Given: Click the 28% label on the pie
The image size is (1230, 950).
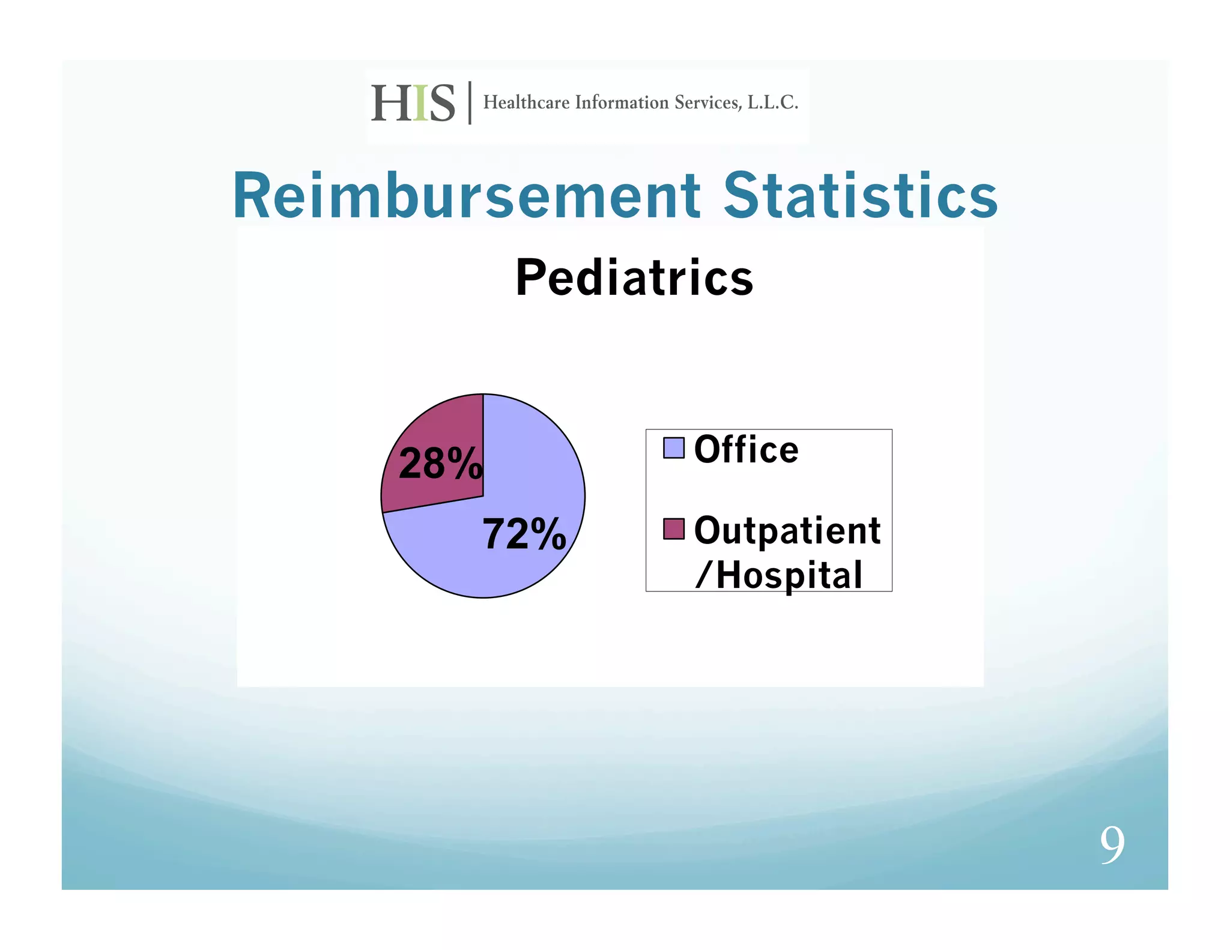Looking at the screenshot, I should pyautogui.click(x=440, y=464).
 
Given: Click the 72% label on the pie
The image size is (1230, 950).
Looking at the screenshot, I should pyautogui.click(x=524, y=534).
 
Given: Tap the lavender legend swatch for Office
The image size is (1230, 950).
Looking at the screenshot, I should pyautogui.click(x=673, y=448).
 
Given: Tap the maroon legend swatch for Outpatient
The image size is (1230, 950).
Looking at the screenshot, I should pyautogui.click(x=673, y=529).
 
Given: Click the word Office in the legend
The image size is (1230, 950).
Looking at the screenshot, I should pyautogui.click(x=746, y=449).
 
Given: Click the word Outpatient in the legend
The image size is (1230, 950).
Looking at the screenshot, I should pyautogui.click(x=787, y=531).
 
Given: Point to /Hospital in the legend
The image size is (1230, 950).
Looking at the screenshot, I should pyautogui.click(x=779, y=575).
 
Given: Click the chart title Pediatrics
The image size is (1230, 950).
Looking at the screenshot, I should pyautogui.click(x=634, y=278).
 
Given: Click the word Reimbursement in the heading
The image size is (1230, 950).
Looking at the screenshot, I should pyautogui.click(x=466, y=196).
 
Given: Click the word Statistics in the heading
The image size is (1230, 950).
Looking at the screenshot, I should pyautogui.click(x=860, y=196).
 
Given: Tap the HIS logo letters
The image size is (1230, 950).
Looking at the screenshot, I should pyautogui.click(x=413, y=103).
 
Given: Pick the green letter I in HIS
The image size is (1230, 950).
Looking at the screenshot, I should pyautogui.click(x=420, y=103).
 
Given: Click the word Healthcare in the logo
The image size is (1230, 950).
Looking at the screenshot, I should pyautogui.click(x=526, y=103).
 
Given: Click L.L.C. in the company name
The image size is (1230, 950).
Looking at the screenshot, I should pyautogui.click(x=772, y=103).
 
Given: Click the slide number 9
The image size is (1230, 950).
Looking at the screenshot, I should pyautogui.click(x=1112, y=844).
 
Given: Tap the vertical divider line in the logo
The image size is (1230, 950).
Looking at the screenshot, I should pyautogui.click(x=470, y=103).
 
